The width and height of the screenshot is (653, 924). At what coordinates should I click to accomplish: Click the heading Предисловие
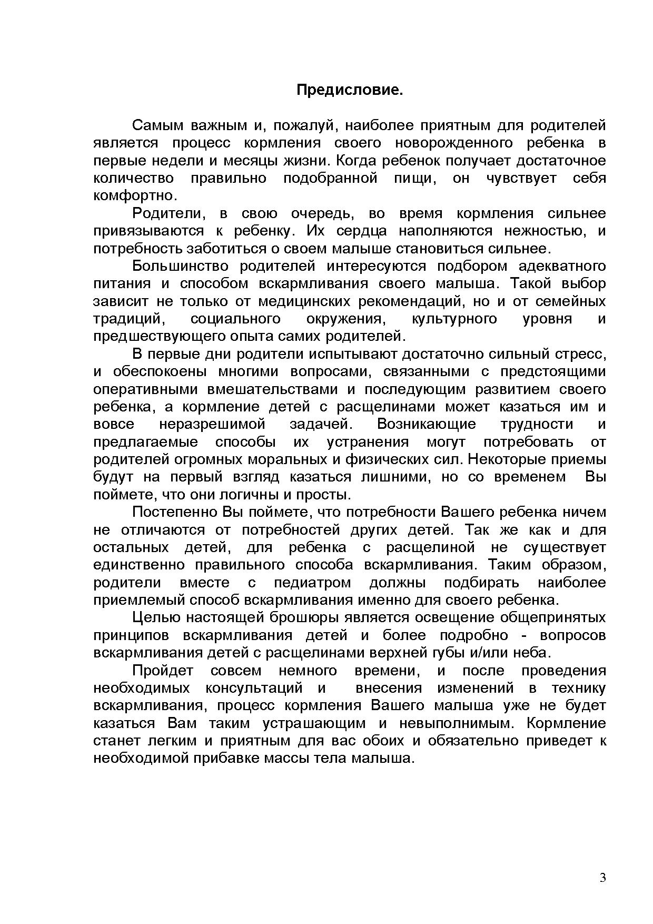(350, 90)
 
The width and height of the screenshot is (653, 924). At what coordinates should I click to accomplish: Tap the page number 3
(603, 878)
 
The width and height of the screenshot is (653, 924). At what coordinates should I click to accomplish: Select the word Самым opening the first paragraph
(157, 125)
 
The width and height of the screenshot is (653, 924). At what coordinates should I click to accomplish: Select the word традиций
(126, 319)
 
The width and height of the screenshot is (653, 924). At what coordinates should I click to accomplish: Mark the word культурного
(454, 319)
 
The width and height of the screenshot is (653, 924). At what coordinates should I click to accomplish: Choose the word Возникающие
(427, 424)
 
